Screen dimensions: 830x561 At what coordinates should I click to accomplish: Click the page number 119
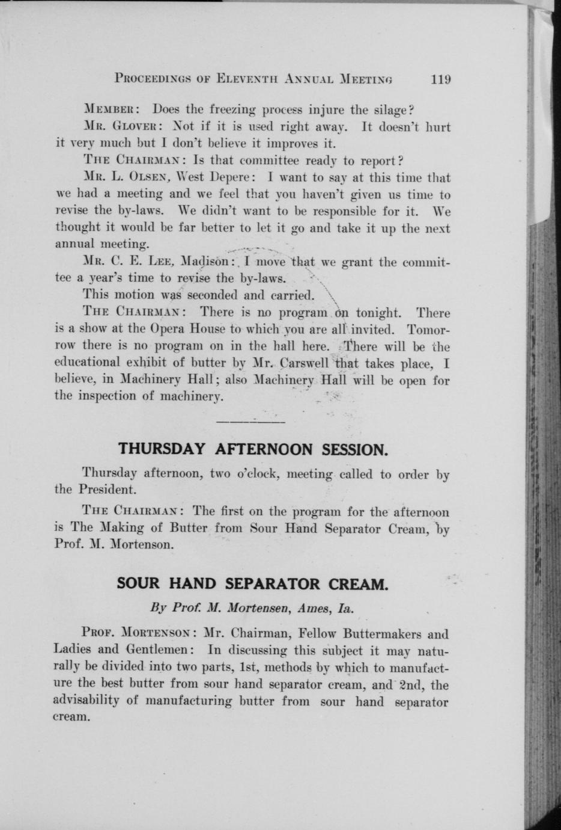[x=440, y=79]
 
